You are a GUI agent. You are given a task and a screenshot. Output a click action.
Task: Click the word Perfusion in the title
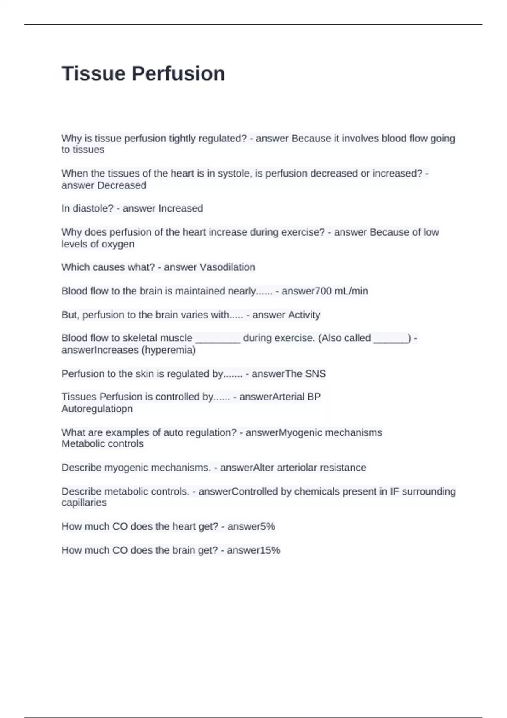(178, 73)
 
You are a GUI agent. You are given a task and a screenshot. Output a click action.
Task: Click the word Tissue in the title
(93, 73)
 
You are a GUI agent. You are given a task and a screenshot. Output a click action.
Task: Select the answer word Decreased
(122, 185)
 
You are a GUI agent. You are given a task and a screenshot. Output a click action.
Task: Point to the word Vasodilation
(227, 267)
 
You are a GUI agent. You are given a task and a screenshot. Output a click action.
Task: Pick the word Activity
(304, 315)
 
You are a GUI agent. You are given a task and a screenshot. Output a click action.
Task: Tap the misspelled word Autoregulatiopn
(97, 409)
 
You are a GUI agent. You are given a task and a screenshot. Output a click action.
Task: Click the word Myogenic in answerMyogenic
(297, 432)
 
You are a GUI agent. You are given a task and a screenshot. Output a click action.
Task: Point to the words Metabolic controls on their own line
(102, 444)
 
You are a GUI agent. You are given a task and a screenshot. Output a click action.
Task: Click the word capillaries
(84, 503)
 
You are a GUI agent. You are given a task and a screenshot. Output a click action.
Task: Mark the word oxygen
(118, 244)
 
